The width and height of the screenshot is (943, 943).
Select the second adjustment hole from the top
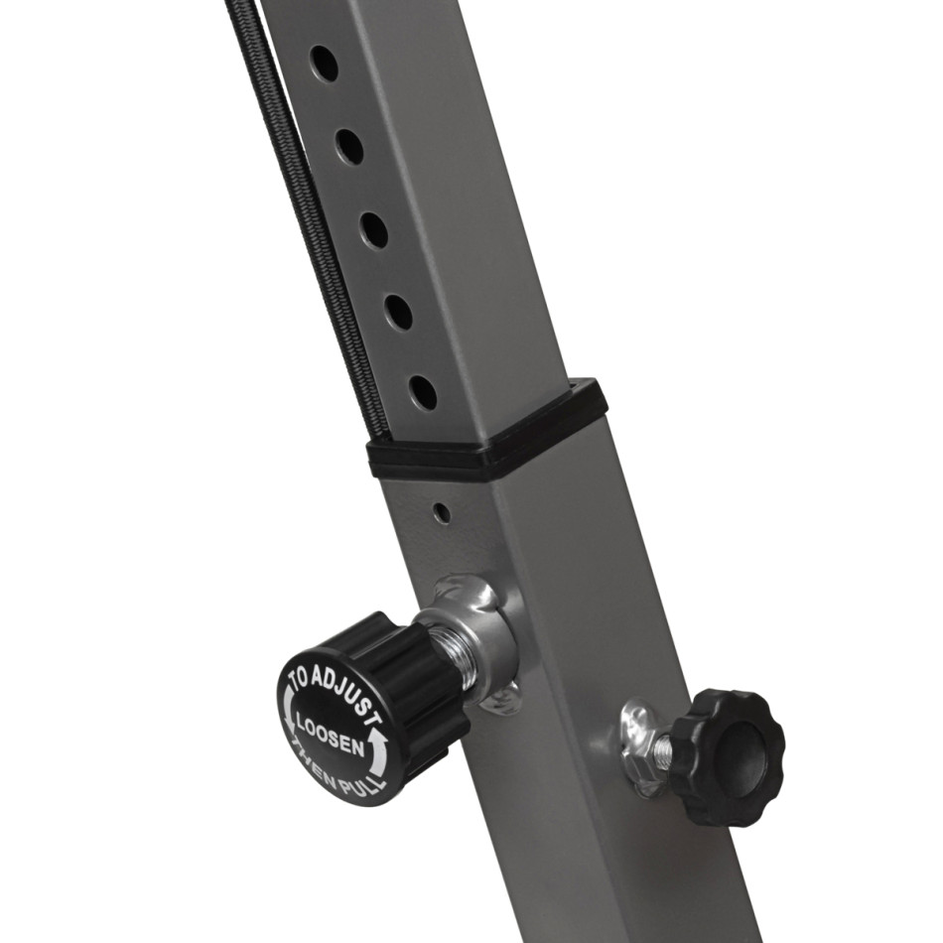pyautogui.click(x=350, y=144)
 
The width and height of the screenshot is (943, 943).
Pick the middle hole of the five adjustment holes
pyautogui.click(x=374, y=228)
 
